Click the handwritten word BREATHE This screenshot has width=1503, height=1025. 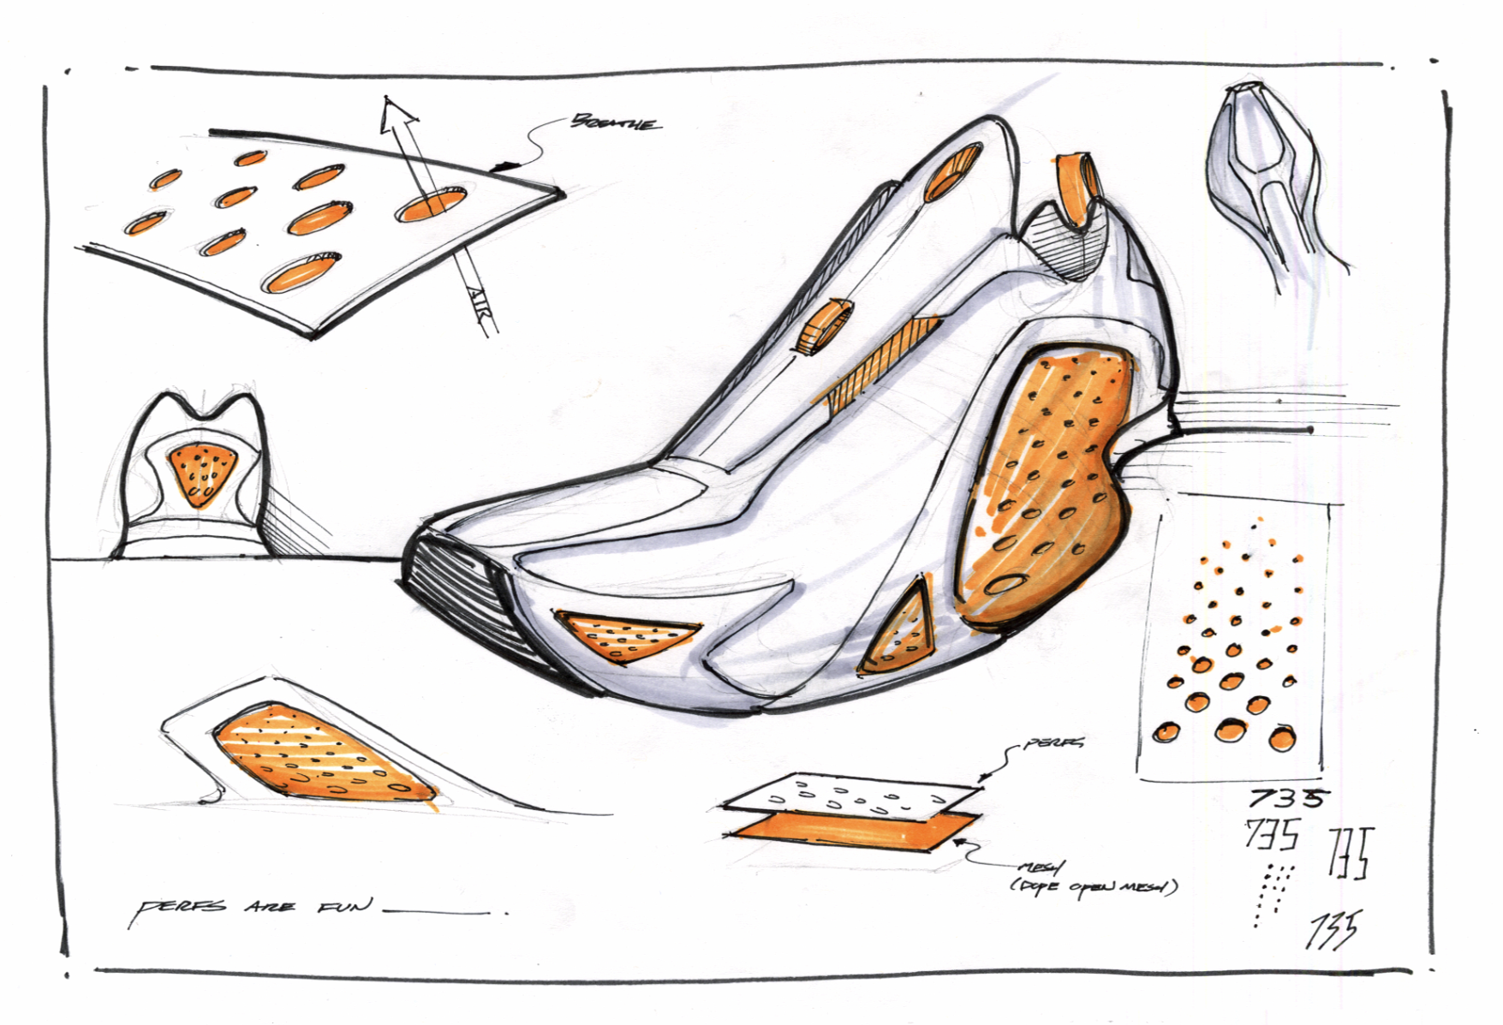click(x=616, y=122)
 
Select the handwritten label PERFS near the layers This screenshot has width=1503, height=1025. click(x=1053, y=743)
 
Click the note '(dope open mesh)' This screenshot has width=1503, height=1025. click(x=1094, y=885)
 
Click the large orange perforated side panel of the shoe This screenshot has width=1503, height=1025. click(x=1041, y=488)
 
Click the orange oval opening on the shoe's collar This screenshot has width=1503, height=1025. click(x=952, y=174)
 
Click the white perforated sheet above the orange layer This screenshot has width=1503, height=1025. click(x=852, y=796)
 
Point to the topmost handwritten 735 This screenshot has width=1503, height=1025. click(x=1287, y=798)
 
